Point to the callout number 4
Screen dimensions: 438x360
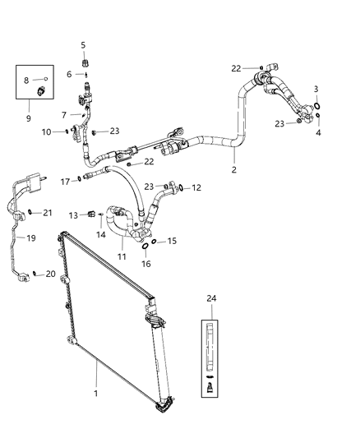click(x=319, y=131)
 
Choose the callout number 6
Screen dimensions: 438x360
click(x=69, y=74)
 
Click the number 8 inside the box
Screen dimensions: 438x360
click(x=27, y=80)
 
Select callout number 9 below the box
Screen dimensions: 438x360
click(x=28, y=118)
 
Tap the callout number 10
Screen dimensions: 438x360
click(x=47, y=131)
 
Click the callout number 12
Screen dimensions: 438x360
click(x=196, y=188)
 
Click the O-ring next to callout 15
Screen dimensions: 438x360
click(x=155, y=242)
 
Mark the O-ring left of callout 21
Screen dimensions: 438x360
click(x=30, y=212)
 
